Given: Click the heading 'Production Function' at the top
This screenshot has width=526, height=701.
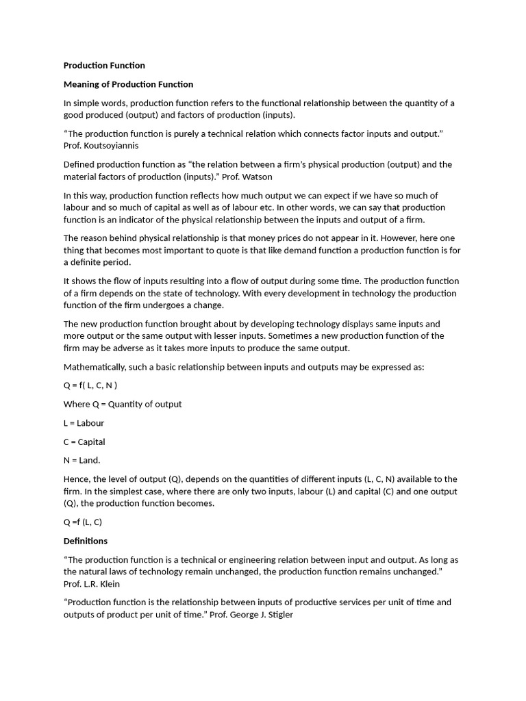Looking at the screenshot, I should click(104, 66).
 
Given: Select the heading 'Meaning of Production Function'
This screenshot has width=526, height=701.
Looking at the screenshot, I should click(128, 84).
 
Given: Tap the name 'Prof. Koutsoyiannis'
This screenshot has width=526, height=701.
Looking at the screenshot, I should click(101, 146).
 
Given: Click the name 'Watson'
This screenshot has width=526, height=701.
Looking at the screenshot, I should click(258, 177).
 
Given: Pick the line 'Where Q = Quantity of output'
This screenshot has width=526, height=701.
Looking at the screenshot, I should click(123, 404).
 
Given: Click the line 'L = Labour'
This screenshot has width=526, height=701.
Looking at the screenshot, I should click(84, 423).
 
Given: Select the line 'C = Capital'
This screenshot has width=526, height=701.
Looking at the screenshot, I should click(84, 442).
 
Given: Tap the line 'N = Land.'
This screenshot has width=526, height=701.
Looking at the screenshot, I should click(82, 460).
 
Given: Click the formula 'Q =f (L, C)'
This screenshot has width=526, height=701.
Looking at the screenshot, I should click(82, 522).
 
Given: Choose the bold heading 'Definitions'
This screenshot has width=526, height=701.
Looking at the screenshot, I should click(86, 541).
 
